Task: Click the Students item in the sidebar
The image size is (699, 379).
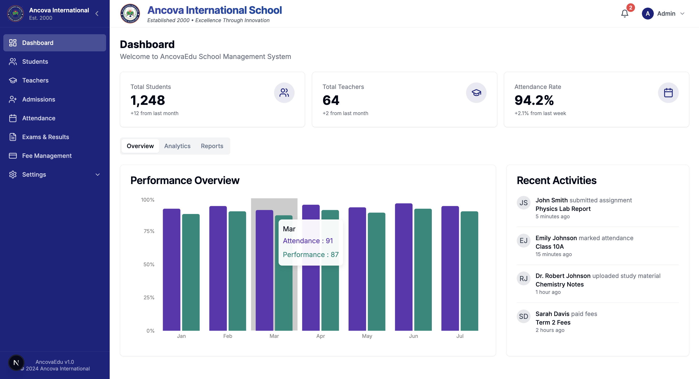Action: pos(35,62)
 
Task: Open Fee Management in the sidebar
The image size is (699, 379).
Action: pos(47,155)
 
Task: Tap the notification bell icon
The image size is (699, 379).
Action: pos(624,14)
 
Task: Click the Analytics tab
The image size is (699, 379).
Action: pos(177,146)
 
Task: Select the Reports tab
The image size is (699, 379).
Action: pos(212,146)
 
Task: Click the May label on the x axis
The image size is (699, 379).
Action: pos(367,336)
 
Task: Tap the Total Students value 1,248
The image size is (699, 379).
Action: pos(148,100)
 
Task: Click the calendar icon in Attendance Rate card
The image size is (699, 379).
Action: pos(668,93)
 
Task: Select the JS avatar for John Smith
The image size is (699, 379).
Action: pos(523,203)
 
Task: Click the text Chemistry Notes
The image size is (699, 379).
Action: pos(559,284)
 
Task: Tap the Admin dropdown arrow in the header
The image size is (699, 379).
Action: pos(682,14)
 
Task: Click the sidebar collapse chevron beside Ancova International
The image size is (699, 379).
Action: pos(97,14)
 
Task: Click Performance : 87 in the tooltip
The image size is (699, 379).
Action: pos(310,255)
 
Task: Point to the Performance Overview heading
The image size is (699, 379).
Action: pos(185,180)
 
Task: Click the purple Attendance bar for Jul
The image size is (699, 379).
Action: pos(450,268)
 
